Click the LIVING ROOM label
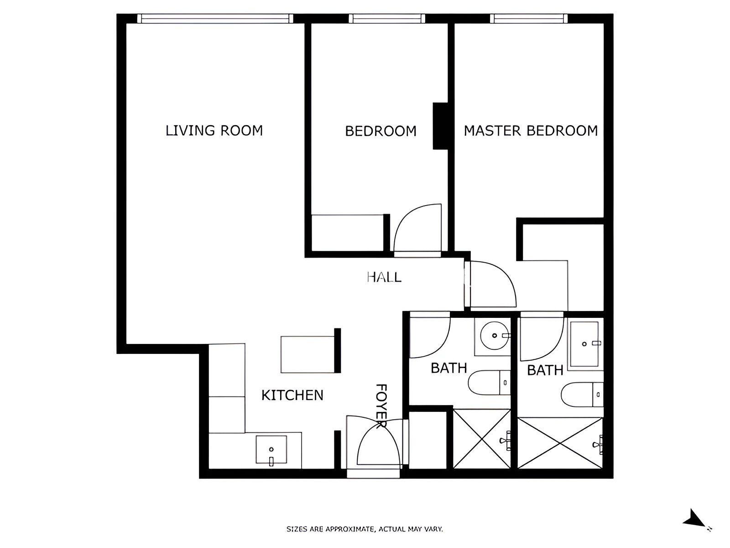[x=214, y=131]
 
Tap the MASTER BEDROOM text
[x=531, y=131]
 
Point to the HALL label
[x=384, y=277]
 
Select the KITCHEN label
[x=292, y=395]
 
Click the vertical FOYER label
[x=381, y=406]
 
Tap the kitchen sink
[x=271, y=449]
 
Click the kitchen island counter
[x=308, y=354]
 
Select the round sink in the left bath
[x=495, y=336]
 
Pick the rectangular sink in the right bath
[x=584, y=344]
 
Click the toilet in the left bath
[x=489, y=383]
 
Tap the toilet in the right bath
[x=582, y=395]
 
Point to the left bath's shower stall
[x=482, y=439]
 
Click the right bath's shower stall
[x=560, y=443]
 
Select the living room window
[x=215, y=19]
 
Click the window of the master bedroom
[x=529, y=19]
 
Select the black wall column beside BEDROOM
[x=440, y=126]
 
